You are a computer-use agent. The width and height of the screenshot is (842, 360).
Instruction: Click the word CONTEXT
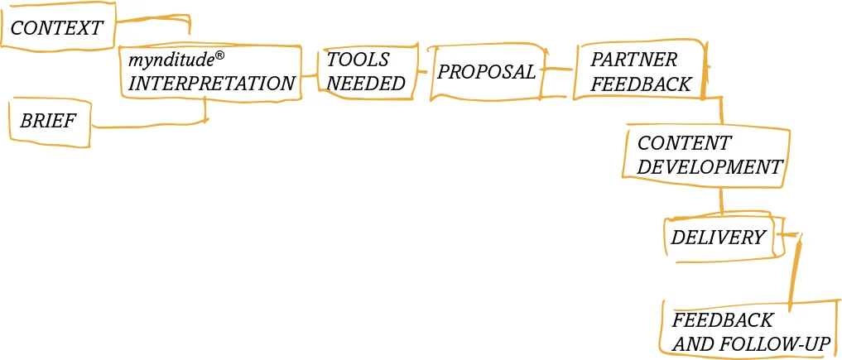point(56,28)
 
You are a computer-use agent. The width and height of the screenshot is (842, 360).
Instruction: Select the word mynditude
point(171,60)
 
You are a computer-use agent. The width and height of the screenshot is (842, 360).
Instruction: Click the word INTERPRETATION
point(211,84)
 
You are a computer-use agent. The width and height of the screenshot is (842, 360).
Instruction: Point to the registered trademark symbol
point(220,55)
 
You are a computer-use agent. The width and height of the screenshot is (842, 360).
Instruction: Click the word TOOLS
point(358,60)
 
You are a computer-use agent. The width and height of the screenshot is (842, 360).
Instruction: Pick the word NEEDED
point(367,83)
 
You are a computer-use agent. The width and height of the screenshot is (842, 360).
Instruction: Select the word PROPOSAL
point(486,72)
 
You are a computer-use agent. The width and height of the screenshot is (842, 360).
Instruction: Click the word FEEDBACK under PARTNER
point(640,84)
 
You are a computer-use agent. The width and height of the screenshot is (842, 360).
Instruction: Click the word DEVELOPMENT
point(710,166)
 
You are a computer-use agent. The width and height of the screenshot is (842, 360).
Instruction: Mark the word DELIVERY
point(718,238)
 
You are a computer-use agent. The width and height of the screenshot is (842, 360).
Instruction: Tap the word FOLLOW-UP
point(770,343)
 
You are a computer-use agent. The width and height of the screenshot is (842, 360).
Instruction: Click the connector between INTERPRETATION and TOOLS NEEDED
point(310,75)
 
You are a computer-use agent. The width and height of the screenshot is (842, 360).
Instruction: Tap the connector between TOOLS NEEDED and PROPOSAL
point(421,72)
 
